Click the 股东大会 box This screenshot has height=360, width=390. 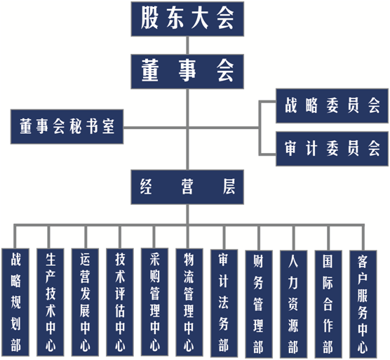187,19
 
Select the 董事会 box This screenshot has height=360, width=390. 187,72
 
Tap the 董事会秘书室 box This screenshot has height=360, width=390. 67,126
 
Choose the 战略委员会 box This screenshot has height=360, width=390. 332,106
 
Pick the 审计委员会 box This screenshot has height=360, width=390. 332,149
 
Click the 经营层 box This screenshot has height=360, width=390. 187,187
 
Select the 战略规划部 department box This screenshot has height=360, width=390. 15,302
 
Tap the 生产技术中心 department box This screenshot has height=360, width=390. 51,302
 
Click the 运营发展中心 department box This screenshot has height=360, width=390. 85,302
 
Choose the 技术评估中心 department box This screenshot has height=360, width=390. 120,302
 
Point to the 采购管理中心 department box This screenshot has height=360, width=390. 154,302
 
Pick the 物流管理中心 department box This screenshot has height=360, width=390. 189,302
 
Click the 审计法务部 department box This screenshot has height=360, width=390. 224,303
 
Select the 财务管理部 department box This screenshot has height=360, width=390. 259,305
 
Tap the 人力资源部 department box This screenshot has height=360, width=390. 293,305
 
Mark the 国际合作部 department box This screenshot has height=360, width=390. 328,305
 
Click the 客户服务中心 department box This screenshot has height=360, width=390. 363,305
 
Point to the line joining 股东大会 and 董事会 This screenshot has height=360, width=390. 187,46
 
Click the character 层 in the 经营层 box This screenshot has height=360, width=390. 229,187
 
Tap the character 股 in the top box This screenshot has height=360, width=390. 149,18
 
